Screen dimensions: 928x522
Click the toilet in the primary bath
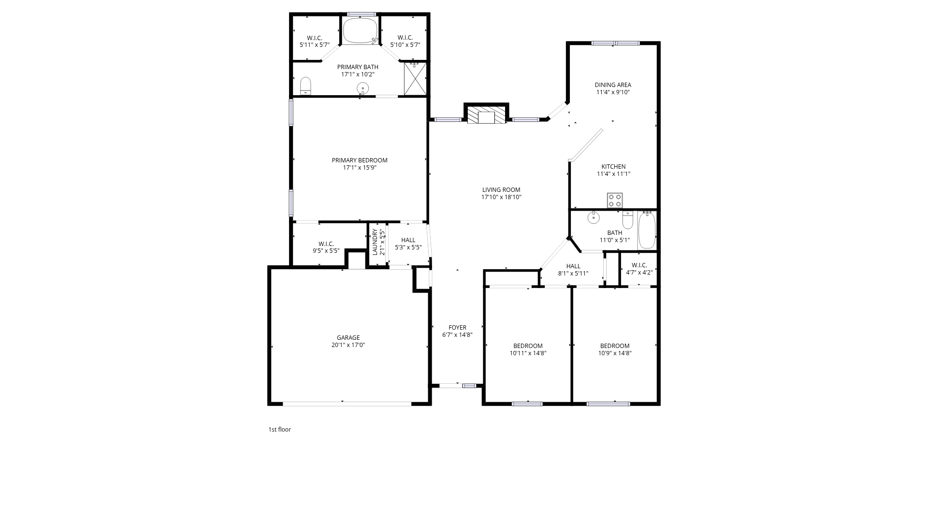pos(305,86)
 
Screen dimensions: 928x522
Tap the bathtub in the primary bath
pos(360,31)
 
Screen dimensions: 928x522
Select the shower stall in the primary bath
pos(415,78)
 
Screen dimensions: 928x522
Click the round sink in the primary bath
pos(362,88)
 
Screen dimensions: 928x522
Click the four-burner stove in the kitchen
pos(615,200)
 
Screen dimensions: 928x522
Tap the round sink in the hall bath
pos(594,217)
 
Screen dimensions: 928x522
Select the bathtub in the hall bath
pos(647,231)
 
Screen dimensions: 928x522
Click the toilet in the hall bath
pos(628,220)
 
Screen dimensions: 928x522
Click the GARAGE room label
pos(348,338)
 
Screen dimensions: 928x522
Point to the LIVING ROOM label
pos(501,190)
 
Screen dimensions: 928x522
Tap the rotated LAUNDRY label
pos(375,242)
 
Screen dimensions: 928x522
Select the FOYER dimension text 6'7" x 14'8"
pos(457,335)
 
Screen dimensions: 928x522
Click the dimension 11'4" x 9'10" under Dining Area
pos(613,92)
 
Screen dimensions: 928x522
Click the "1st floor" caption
pos(279,429)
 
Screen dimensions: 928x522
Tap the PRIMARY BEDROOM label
pos(360,160)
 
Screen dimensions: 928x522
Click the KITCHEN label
pos(613,167)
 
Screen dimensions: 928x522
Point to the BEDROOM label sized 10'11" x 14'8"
pos(528,346)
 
